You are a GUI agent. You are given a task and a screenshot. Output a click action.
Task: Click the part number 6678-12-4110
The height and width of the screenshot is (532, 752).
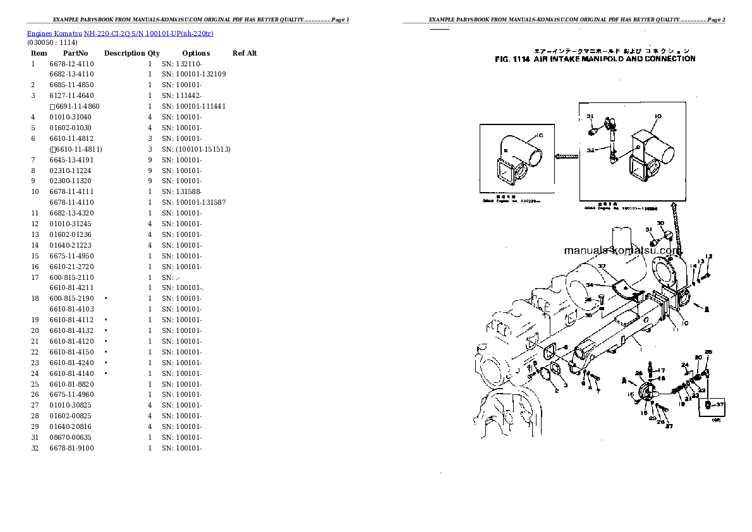pos(71,64)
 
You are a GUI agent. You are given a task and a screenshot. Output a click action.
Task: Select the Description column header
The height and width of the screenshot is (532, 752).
pos(124,53)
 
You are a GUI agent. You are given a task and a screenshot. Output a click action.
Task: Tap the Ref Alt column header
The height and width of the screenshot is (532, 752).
pos(245,53)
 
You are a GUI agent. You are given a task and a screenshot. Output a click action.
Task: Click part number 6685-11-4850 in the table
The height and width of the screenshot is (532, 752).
pos(71,85)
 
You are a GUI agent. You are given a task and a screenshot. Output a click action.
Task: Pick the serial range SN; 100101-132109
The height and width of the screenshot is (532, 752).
pos(193,74)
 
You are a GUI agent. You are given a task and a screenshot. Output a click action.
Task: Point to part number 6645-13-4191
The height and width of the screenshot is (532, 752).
pos(71,160)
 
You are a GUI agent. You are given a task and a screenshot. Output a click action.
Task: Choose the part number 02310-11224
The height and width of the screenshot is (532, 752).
pos(70,171)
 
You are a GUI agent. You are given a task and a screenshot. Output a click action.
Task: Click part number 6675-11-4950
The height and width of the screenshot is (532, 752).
pos(71,256)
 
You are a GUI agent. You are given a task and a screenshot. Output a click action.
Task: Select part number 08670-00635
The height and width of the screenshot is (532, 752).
pos(70,437)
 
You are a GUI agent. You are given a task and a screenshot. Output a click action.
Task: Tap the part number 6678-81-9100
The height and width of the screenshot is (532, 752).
pos(71,448)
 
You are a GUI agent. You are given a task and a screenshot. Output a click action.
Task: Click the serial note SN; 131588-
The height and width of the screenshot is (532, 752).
pos(181,191)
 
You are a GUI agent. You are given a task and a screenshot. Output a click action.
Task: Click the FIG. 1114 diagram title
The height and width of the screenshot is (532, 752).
pos(595,59)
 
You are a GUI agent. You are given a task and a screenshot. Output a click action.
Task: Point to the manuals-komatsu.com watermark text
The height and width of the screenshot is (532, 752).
pos(622,250)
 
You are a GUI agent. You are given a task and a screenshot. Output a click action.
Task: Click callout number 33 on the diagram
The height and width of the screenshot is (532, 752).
pos(601,266)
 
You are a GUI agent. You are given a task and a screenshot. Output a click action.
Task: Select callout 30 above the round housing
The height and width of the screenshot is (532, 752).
pos(660,224)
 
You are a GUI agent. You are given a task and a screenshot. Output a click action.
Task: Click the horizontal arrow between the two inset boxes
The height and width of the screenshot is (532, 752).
pos(567,155)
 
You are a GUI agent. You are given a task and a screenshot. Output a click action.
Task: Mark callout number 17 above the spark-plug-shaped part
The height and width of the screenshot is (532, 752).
pos(661,370)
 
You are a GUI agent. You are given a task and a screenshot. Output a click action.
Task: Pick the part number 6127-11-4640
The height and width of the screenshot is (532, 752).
pos(71,95)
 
